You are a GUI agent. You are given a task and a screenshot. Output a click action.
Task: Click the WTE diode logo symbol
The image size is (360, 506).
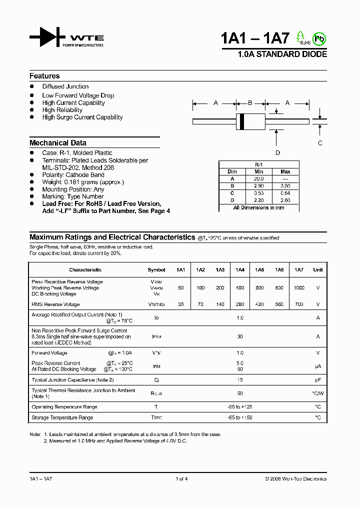tap(47, 37)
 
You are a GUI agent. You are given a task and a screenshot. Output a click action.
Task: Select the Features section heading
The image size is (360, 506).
tap(44, 76)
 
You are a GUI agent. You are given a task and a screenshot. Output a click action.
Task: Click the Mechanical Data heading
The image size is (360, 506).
tap(57, 142)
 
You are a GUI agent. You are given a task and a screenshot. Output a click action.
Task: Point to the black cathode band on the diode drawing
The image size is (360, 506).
tap(242, 121)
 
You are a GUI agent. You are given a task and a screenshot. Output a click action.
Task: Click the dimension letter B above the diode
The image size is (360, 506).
tap(250, 103)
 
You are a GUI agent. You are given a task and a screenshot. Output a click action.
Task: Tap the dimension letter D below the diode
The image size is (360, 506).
tap(277, 153)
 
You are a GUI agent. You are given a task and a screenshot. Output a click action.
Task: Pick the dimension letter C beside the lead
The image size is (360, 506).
tap(320, 142)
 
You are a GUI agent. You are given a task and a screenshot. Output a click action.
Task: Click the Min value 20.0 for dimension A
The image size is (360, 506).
tap(258, 178)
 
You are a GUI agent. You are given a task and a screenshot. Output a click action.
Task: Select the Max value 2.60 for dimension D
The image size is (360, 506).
tap(285, 200)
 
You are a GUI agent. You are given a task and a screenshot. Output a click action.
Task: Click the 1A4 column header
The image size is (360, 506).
tap(239, 270)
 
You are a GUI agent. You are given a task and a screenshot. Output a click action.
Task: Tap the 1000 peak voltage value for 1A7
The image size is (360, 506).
tap(298, 288)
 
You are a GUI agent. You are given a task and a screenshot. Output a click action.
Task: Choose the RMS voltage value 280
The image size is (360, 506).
tap(239, 304)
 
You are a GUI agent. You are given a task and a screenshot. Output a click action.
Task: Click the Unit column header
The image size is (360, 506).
tap(317, 270)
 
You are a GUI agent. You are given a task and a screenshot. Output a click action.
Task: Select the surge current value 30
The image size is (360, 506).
tap(239, 337)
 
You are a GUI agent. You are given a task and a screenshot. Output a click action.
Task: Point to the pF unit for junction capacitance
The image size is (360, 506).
tap(317, 380)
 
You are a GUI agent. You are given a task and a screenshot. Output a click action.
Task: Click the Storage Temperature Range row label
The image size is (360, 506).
tap(62, 417)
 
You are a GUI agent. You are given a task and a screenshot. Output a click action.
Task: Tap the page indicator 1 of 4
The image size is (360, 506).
tap(181, 479)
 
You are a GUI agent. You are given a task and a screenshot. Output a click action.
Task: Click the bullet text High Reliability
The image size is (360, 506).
tap(62, 110)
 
